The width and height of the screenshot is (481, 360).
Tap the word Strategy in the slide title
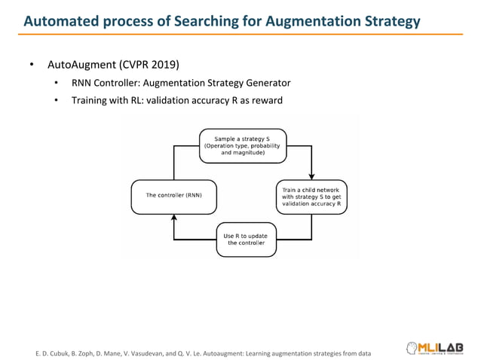point(388,21)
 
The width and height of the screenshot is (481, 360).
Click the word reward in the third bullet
point(265,100)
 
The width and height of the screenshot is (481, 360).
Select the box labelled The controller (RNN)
point(173,195)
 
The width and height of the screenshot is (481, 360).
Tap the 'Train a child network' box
point(311,195)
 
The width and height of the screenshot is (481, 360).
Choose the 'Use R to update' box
point(246,239)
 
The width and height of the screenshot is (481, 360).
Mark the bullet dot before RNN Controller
point(57,83)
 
